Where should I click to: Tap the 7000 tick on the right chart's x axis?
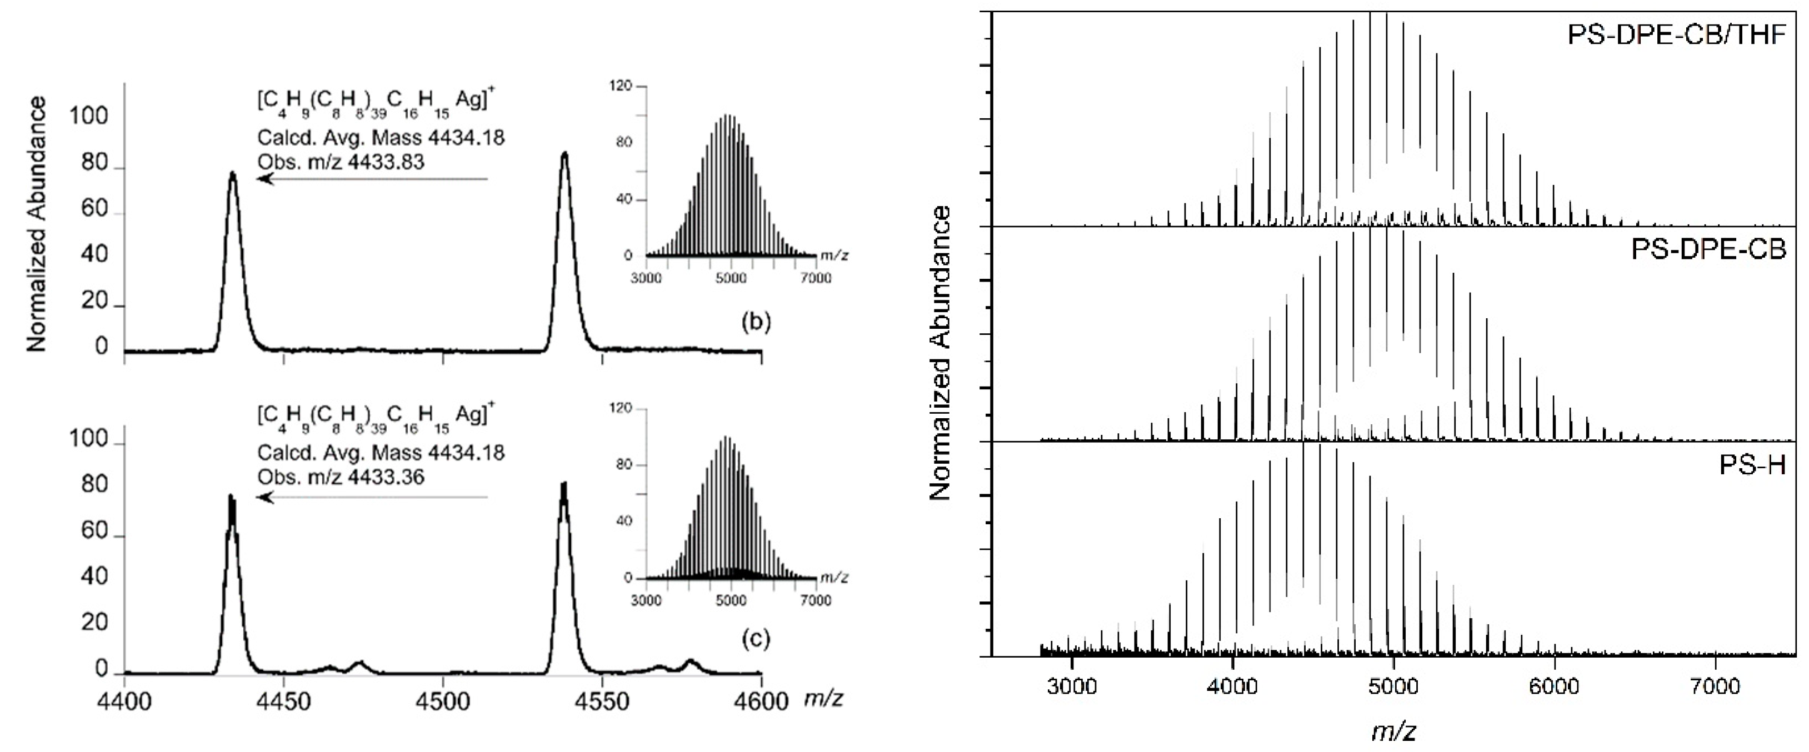1716,685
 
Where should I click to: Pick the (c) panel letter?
756,638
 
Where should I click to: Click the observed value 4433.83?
386,162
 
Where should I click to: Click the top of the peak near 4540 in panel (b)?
564,154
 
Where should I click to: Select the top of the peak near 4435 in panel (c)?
232,497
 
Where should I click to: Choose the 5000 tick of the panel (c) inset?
731,600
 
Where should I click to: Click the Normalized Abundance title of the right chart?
940,353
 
